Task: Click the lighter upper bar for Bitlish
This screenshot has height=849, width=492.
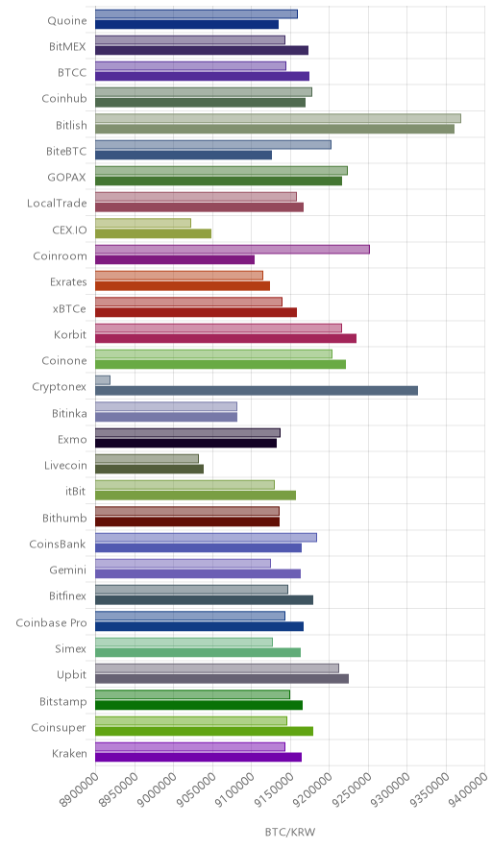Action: (278, 118)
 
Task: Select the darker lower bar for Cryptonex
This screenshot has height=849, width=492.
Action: (257, 391)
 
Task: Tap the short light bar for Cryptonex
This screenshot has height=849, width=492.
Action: (103, 380)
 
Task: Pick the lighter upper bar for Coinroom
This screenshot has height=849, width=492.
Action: (233, 249)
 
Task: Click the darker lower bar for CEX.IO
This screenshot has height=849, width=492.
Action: (154, 233)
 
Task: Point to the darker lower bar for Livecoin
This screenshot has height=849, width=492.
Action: (150, 469)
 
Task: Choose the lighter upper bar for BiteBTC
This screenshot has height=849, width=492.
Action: (213, 145)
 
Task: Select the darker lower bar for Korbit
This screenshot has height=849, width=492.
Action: (226, 338)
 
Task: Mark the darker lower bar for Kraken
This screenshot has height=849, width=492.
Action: (198, 758)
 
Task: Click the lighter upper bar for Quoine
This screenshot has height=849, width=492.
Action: (196, 14)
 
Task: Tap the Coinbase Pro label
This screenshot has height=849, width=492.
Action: (51, 622)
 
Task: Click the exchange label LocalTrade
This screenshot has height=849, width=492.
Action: (57, 203)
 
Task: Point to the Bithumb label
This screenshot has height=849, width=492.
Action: (64, 518)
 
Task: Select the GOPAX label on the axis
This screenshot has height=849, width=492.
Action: (66, 177)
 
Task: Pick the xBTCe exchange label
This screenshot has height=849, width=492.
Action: (69, 308)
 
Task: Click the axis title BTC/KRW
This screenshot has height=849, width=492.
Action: (290, 832)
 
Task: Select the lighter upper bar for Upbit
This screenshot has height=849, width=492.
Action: (217, 668)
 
